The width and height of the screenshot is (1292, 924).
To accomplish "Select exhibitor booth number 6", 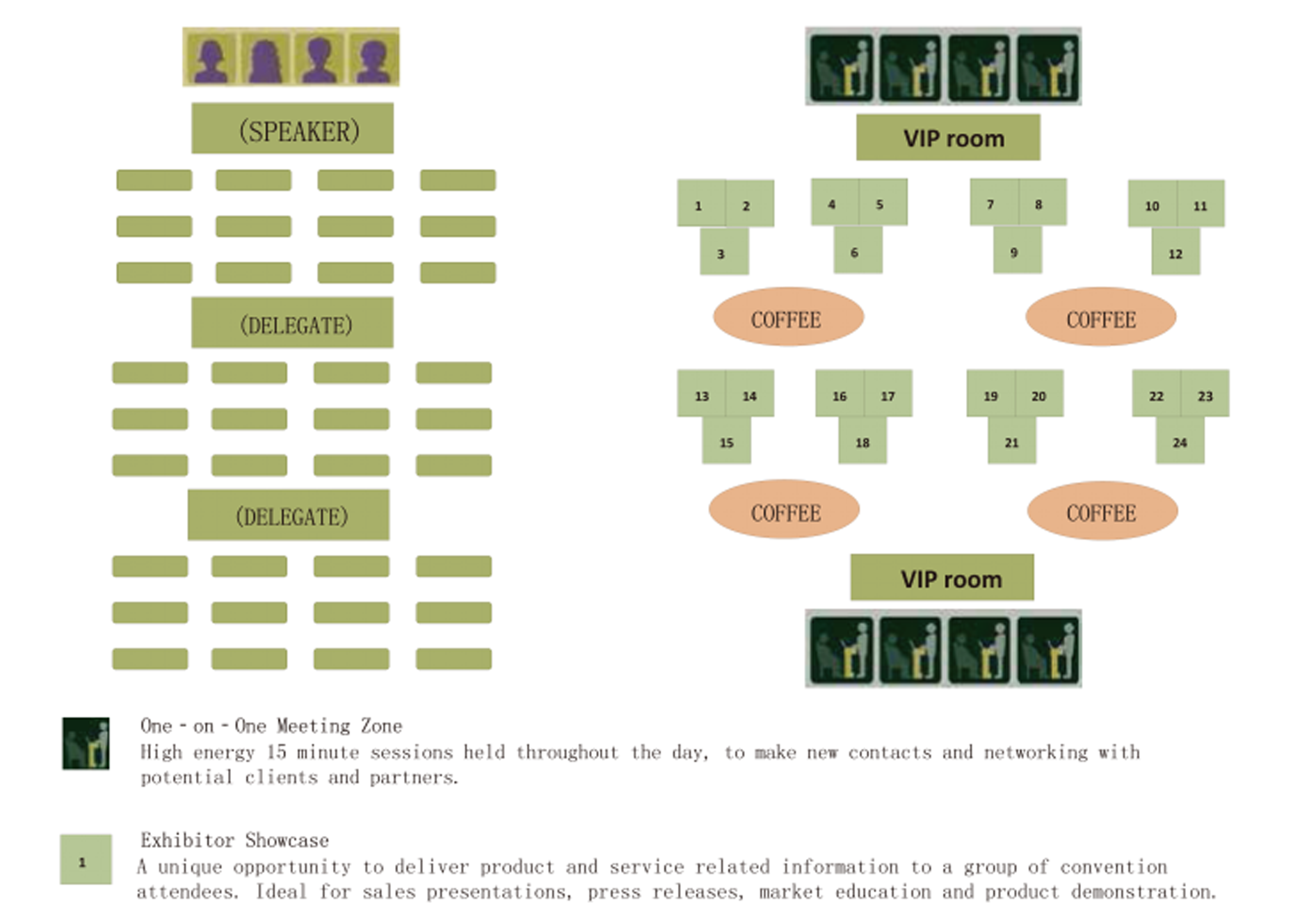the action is (x=858, y=250).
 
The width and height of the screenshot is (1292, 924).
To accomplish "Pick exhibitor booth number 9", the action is (x=1018, y=250).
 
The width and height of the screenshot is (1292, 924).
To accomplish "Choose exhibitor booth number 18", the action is (x=863, y=440).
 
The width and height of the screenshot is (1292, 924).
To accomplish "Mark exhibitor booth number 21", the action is (x=1012, y=440).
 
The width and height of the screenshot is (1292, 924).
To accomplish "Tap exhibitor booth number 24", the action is (x=1180, y=440).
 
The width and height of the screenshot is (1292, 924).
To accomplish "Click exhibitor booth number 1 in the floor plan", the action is (x=701, y=203).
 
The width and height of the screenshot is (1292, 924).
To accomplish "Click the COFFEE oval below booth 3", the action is (x=789, y=316).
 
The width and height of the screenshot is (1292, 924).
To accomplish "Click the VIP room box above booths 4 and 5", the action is (x=948, y=137).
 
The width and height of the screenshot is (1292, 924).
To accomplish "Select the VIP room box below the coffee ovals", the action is (x=942, y=577).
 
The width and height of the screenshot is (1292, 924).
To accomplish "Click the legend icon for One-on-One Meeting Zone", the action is (x=85, y=743).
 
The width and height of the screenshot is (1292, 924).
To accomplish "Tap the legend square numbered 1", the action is (x=86, y=859).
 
